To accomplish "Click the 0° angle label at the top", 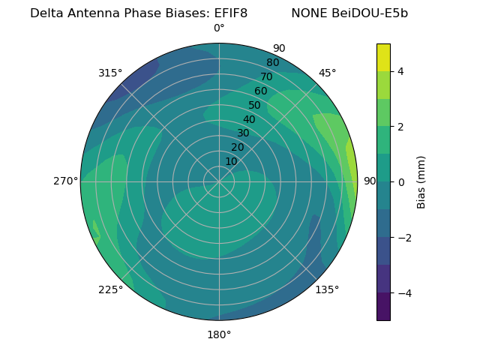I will pyautogui.click(x=219, y=28).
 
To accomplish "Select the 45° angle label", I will pyautogui.click(x=327, y=73).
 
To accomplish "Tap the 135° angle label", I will pyautogui.click(x=327, y=289).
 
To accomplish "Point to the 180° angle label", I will pyautogui.click(x=219, y=334).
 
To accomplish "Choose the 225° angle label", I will pyautogui.click(x=110, y=289).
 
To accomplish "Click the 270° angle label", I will pyautogui.click(x=65, y=181).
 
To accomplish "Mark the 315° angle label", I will pyautogui.click(x=110, y=73).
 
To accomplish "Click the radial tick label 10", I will pyautogui.click(x=232, y=161).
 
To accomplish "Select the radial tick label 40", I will pyautogui.click(x=249, y=119).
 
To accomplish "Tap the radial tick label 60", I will pyautogui.click(x=261, y=91).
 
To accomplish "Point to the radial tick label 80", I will pyautogui.click(x=272, y=62).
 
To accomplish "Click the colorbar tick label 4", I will pyautogui.click(x=400, y=71).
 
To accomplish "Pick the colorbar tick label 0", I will pyautogui.click(x=400, y=182).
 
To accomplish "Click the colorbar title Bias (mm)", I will pyautogui.click(x=421, y=182).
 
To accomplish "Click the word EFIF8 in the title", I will pyautogui.click(x=226, y=13).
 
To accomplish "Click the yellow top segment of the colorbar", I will pyautogui.click(x=383, y=57).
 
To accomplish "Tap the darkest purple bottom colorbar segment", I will pyautogui.click(x=383, y=307).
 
